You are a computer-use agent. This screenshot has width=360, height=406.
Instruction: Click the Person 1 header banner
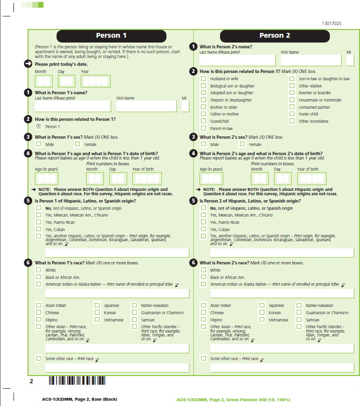coord(111,36)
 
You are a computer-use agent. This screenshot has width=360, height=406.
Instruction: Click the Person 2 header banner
coord(274,36)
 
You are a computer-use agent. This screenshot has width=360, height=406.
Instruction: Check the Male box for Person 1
coord(39,144)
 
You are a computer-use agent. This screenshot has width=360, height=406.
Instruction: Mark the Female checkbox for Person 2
coord(242,144)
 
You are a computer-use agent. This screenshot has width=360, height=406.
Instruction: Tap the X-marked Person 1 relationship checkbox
coord(39,126)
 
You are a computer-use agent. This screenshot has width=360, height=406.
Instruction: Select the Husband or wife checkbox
coord(203,79)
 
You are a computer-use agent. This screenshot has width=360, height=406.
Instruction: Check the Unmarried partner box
coord(292,107)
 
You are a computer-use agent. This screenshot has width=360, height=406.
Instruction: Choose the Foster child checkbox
coord(292,114)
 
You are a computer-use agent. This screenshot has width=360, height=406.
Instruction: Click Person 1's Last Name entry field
coord(72,106)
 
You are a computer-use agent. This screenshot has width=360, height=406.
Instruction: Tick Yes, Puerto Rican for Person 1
coord(39,222)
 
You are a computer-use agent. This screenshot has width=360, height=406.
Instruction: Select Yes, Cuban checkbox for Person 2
coord(203,230)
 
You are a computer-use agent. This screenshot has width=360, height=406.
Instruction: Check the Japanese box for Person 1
coord(97,305)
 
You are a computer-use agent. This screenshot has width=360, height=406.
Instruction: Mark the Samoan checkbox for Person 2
coord(299,319)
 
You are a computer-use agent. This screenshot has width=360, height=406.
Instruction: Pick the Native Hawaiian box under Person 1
coord(134,305)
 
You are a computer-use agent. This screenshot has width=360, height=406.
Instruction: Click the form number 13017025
coord(331,23)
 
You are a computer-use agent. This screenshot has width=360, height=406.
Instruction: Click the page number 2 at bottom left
coord(31,381)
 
